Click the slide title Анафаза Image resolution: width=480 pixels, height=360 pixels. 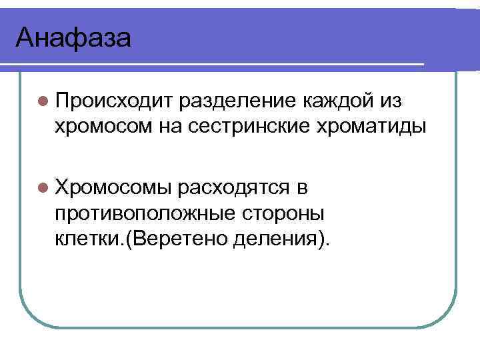pos(73,37)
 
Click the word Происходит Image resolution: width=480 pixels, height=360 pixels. pos(114,101)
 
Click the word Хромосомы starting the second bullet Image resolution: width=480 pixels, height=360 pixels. pos(114,187)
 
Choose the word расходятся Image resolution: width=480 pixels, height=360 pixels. pos(233,187)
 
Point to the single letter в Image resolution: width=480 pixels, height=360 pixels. pos(302,187)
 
